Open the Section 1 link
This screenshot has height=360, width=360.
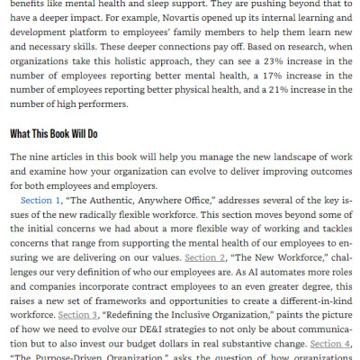click(x=40, y=199)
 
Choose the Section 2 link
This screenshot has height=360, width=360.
click(x=204, y=256)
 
